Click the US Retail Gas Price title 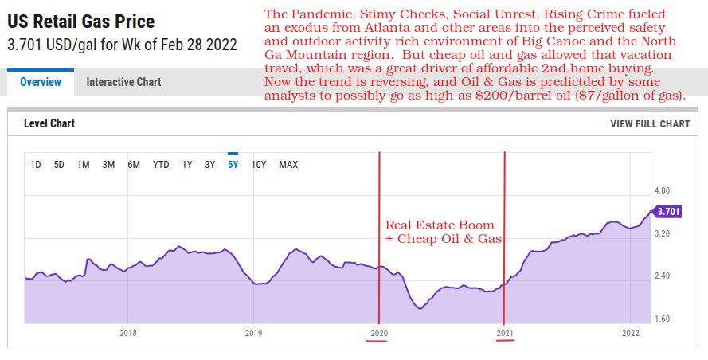[81, 22]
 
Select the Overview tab [40, 82]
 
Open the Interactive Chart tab [123, 82]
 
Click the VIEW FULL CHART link [650, 124]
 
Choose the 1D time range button [36, 165]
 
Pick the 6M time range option [134, 165]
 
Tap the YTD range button [161, 165]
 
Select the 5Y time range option [233, 165]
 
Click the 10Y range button [259, 165]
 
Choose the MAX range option [288, 165]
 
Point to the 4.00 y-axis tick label [662, 191]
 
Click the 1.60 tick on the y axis [662, 319]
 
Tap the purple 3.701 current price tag [667, 212]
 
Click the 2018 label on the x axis [127, 333]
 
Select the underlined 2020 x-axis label [378, 333]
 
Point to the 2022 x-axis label [630, 333]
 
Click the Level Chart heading [49, 124]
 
